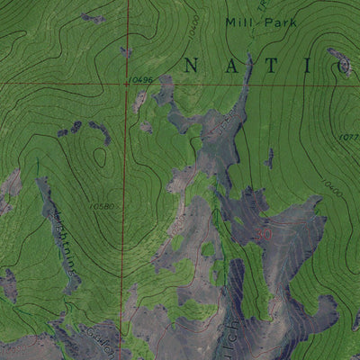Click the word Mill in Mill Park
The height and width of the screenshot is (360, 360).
click(x=238, y=23)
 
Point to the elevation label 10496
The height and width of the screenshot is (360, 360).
click(x=139, y=81)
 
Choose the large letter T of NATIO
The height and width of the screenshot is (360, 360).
click(x=271, y=64)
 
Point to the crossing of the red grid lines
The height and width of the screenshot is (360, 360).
click(x=127, y=84)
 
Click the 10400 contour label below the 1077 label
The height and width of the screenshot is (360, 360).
click(x=329, y=191)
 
